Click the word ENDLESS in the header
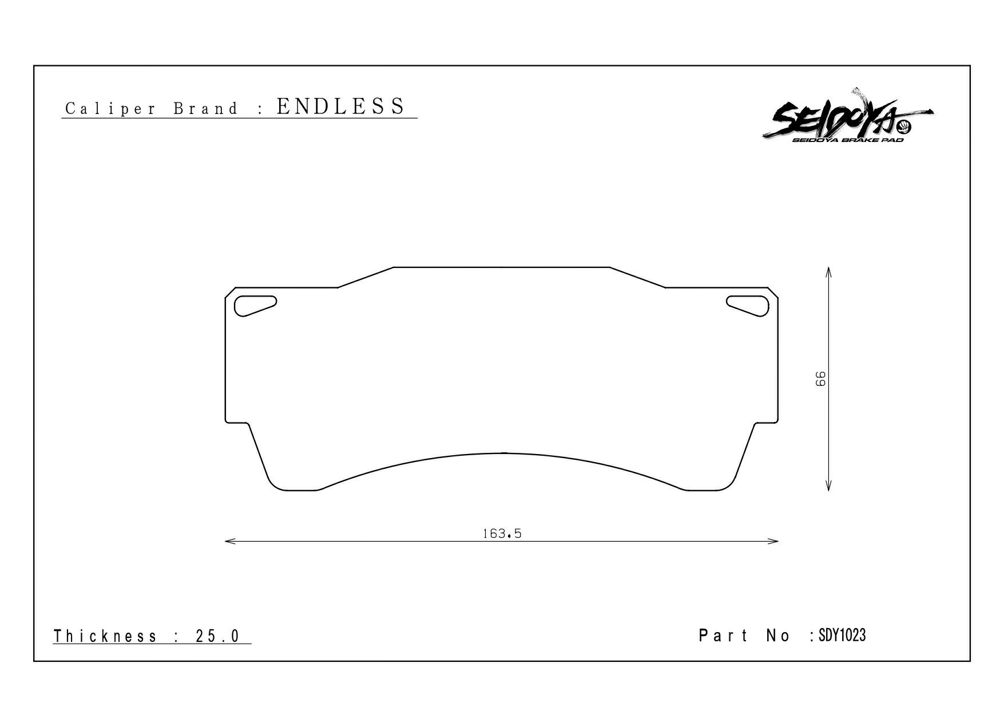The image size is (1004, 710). tap(341, 107)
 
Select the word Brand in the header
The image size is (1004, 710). tap(205, 108)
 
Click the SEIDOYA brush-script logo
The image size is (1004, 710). tap(847, 118)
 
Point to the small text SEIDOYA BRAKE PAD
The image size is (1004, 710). tap(848, 140)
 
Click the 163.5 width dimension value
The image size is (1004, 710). tap(502, 534)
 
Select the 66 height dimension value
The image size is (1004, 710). tap(820, 378)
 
